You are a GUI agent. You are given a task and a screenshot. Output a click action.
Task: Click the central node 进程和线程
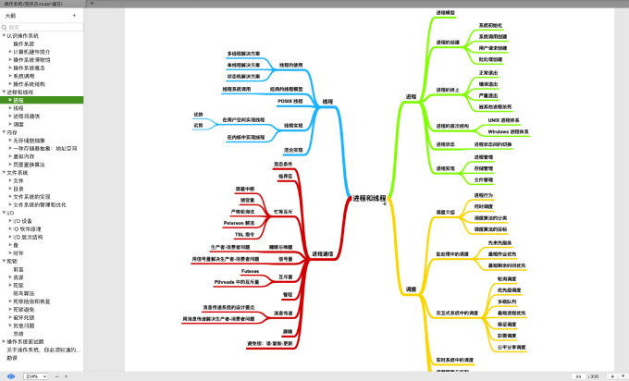(369, 198)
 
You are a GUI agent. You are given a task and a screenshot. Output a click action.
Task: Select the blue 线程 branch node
(327, 101)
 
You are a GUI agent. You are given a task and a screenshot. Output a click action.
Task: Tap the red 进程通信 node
(322, 252)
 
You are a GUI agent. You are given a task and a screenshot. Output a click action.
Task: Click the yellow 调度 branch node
(411, 289)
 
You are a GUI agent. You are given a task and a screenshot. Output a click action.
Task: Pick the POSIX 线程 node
(290, 100)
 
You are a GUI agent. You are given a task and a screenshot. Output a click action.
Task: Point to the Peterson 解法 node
(240, 223)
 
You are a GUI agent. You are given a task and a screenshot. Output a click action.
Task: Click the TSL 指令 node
(244, 234)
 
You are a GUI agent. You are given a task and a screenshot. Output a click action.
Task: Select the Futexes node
(250, 270)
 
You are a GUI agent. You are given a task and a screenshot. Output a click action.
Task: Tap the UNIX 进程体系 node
(504, 120)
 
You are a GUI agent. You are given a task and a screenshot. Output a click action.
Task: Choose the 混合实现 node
(294, 149)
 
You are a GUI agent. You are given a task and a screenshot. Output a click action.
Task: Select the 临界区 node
(285, 175)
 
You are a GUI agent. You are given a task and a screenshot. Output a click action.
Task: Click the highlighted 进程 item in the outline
(18, 100)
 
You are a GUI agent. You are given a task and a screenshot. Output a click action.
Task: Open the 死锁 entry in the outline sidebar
(12, 261)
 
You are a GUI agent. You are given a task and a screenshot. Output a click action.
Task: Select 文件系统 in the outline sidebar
(18, 172)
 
